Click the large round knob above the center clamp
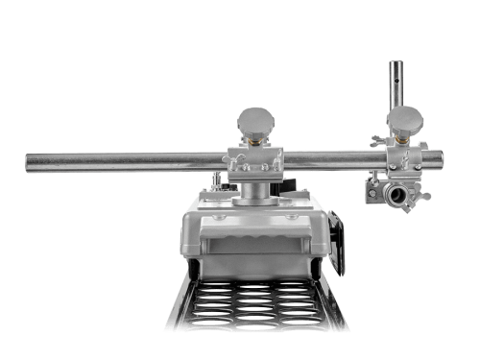tap(256, 121)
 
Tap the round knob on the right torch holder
tap(404, 119)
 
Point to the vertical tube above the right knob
tap(394, 83)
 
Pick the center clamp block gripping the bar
tap(254, 162)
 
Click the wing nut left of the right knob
tap(377, 141)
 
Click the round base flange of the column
tap(254, 203)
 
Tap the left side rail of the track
tap(176, 302)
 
